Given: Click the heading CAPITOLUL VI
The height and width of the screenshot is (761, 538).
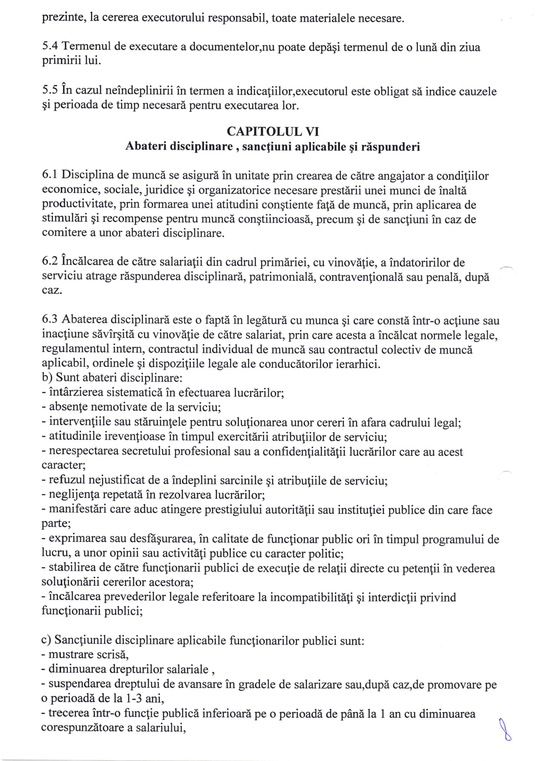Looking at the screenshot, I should point(273,132).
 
